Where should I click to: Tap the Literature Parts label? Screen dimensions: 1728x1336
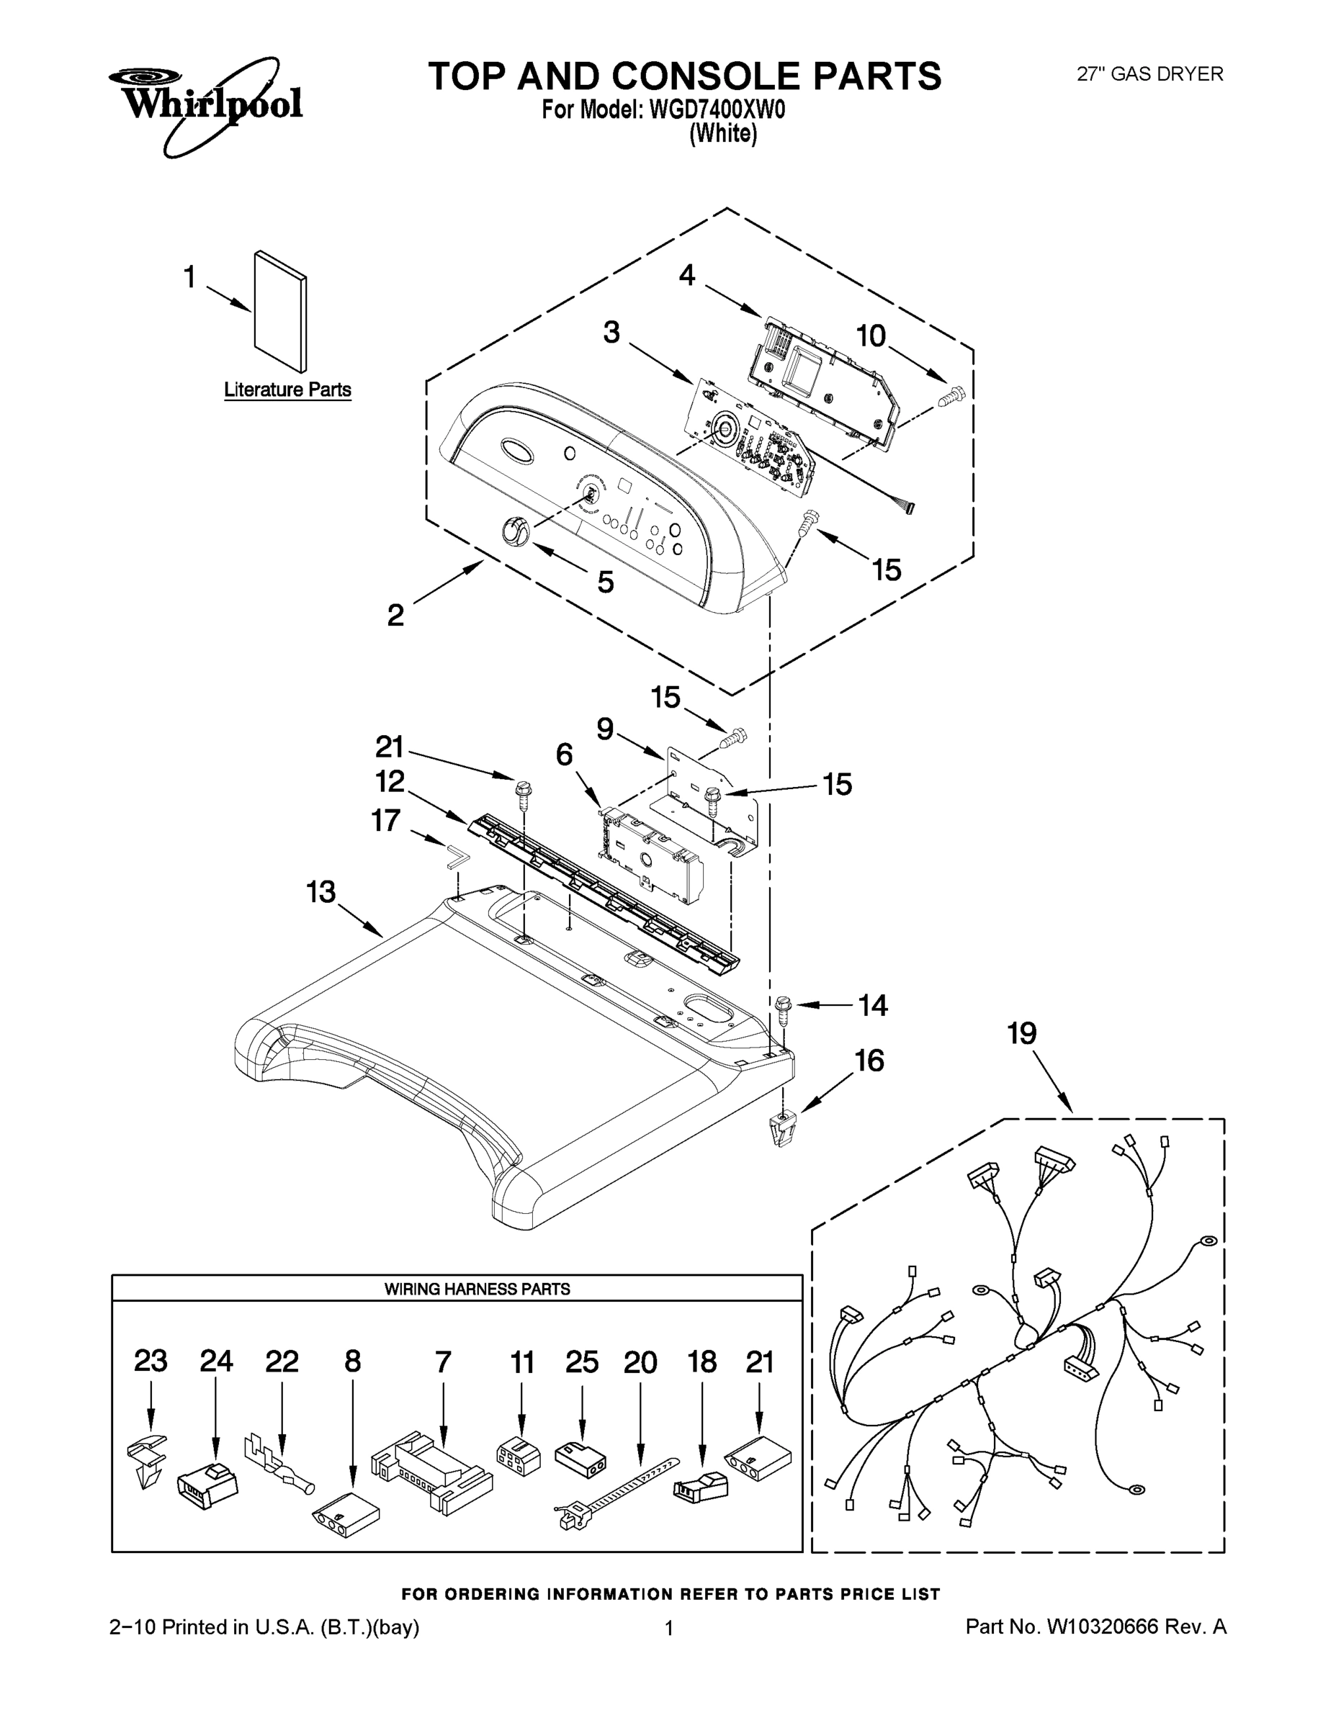[x=287, y=390]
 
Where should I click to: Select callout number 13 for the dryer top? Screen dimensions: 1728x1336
[x=321, y=893]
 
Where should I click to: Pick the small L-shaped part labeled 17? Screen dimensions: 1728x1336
[x=458, y=857]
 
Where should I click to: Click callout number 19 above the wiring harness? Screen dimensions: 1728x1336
[x=1022, y=1033]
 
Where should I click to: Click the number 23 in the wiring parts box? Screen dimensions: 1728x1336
[x=151, y=1361]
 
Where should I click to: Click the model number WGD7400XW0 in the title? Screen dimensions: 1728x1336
[x=717, y=110]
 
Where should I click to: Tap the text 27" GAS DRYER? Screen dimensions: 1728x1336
[x=1149, y=74]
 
